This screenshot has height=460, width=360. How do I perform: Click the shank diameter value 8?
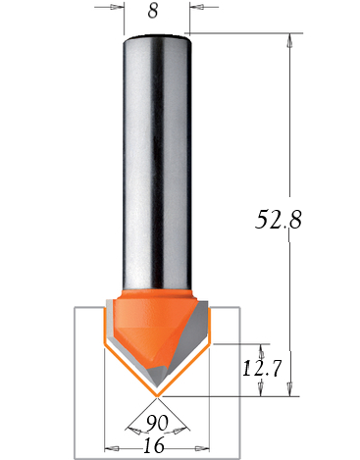click(x=153, y=11)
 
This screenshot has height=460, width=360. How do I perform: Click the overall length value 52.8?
click(x=279, y=219)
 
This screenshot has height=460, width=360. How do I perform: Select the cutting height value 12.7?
click(x=262, y=369)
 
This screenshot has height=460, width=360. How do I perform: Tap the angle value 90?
click(x=157, y=423)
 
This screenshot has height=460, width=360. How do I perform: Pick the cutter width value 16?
click(x=154, y=445)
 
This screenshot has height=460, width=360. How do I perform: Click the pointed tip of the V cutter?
click(x=157, y=396)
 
